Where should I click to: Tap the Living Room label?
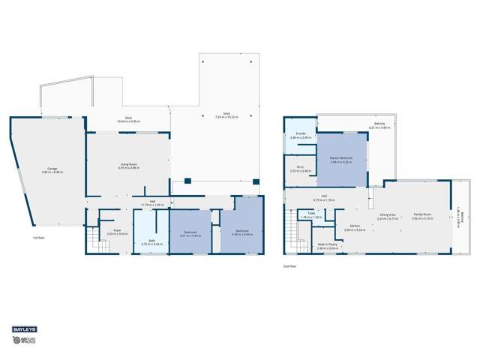coord(128,166)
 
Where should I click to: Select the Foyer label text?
coord(118,232)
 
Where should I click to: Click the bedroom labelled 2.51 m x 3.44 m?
coord(190,233)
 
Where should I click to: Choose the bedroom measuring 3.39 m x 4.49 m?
coord(242,232)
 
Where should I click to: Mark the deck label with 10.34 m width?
coord(128,119)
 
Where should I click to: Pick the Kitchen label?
coord(355,227)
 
